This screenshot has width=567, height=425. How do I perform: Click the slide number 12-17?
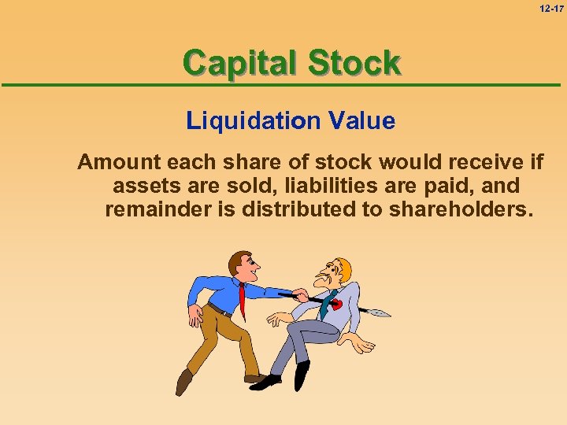[x=552, y=9]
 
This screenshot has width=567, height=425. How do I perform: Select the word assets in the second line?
[x=142, y=187]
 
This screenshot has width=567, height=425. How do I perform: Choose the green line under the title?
[x=283, y=85]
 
